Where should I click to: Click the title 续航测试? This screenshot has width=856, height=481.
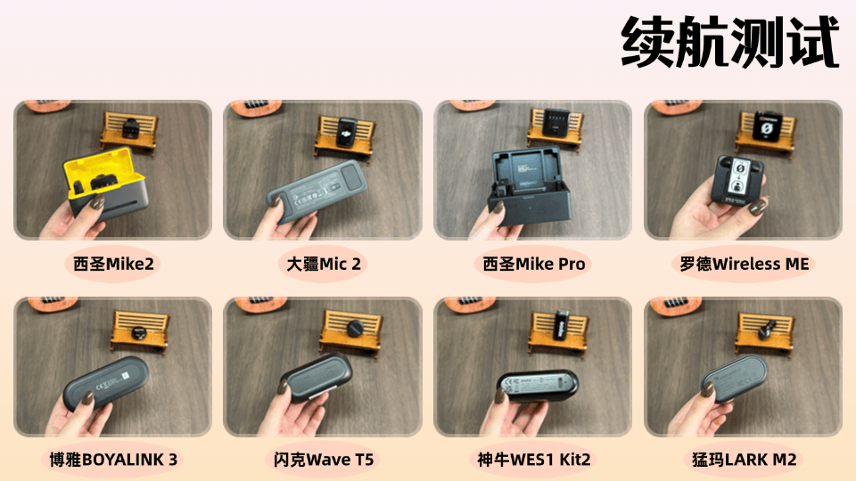pos(730,42)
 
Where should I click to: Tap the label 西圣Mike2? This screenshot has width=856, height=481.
pos(113,264)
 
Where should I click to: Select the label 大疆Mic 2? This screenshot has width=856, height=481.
pos(324,264)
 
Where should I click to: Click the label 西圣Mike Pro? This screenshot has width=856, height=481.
pos(534,264)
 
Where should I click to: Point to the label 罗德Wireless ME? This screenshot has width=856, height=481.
pos(744,264)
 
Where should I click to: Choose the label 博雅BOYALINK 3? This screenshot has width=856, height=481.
pos(113,460)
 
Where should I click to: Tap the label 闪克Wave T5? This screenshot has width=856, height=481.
pos(324,460)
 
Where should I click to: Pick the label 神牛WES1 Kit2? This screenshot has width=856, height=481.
pos(534,460)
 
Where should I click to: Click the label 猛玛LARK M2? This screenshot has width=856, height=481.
pos(744,460)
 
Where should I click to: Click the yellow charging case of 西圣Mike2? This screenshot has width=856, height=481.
pos(106,183)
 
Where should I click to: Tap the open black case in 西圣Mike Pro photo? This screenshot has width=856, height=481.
pos(530,185)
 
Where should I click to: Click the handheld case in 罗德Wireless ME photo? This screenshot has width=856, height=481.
pos(738,179)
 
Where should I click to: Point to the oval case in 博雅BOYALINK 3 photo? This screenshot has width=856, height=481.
pos(105,383)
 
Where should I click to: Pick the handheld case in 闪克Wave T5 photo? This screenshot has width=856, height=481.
pos(317,378)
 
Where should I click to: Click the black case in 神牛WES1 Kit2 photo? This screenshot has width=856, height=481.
pos(537,386)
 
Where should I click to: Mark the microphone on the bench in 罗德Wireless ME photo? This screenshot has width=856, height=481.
pos(767,127)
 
